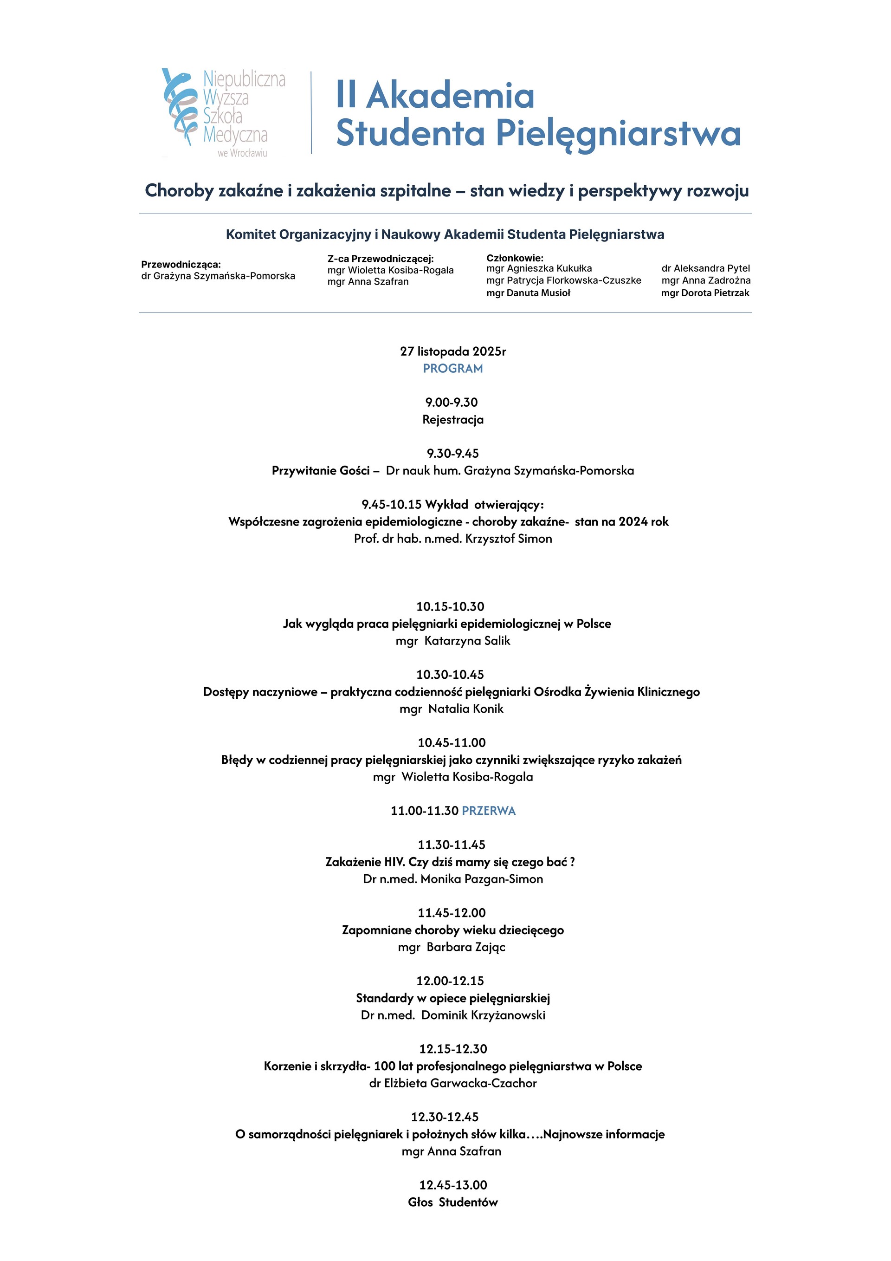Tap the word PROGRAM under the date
click(452, 369)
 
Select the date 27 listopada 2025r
click(452, 351)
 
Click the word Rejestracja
click(452, 420)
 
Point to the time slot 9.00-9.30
click(451, 402)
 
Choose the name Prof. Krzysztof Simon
click(452, 539)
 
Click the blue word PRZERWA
click(489, 811)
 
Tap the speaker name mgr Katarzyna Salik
click(452, 641)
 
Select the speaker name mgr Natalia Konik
click(451, 709)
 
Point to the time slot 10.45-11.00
click(451, 742)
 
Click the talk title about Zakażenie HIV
click(450, 862)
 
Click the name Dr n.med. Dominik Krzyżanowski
click(452, 1015)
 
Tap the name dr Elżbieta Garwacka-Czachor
click(452, 1083)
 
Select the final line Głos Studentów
click(452, 1202)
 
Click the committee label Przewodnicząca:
click(181, 264)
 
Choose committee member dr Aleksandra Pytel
click(705, 268)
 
